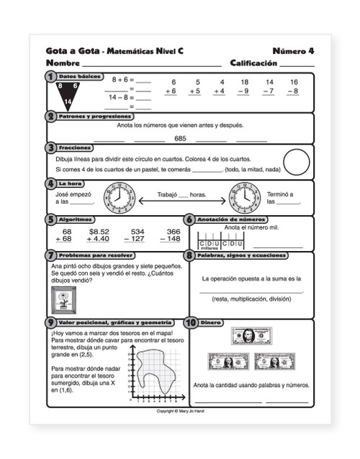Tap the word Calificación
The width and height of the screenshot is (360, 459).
[x=254, y=63]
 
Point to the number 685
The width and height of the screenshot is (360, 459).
[x=180, y=138]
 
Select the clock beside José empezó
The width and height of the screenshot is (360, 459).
[x=120, y=197]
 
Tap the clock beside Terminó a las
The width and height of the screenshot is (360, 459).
[x=244, y=196]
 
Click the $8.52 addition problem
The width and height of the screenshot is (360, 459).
[x=99, y=235]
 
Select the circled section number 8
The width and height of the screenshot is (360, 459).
[x=190, y=255]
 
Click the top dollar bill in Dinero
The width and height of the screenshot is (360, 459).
[x=251, y=335]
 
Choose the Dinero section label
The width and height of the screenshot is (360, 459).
[x=211, y=323]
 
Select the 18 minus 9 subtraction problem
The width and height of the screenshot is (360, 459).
[x=244, y=87]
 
